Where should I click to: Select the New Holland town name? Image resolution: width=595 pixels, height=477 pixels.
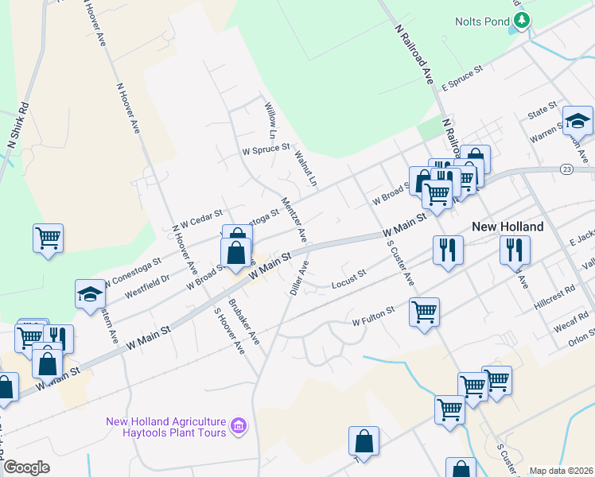tap(507, 227)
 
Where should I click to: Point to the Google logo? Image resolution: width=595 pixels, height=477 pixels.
tap(25, 467)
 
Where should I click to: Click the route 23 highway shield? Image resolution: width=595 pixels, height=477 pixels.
tap(566, 169)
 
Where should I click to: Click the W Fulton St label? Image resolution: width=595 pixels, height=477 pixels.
tap(373, 316)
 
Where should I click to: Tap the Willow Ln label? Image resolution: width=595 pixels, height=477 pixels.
tap(270, 118)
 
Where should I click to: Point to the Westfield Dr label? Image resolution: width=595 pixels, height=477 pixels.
tap(147, 278)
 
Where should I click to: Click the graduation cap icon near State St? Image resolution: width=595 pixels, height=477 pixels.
tap(577, 121)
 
